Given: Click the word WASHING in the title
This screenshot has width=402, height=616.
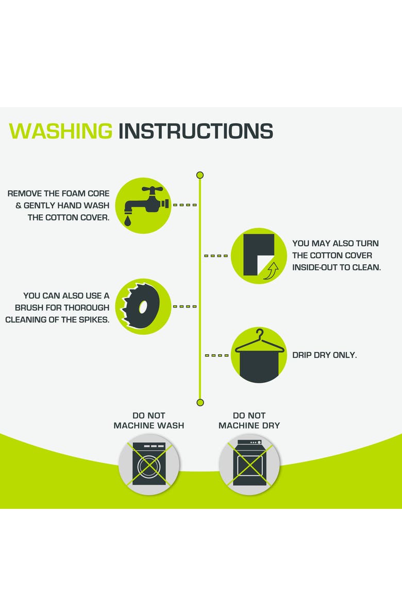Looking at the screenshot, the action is click(60, 131).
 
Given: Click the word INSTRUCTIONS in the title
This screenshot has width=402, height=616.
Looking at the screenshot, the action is click(196, 131).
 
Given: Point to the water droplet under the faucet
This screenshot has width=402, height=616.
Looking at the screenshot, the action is click(127, 221).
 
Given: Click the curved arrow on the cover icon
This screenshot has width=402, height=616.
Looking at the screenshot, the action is click(271, 271).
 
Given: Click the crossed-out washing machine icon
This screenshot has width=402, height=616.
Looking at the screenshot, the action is click(149, 464).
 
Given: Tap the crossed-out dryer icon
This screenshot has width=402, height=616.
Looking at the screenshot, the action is click(249, 464).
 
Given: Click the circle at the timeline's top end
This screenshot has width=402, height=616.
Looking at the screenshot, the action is click(199, 175).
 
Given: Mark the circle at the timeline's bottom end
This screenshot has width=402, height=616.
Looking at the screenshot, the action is click(200, 402).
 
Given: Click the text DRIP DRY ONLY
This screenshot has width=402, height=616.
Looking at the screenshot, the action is click(324, 355).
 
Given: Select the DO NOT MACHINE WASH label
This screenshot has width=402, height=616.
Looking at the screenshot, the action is click(149, 420).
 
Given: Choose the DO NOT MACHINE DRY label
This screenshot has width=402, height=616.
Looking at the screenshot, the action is click(249, 420).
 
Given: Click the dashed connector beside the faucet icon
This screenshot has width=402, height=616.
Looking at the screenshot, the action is click(185, 205).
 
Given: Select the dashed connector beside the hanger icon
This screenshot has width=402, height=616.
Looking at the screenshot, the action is click(216, 355).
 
